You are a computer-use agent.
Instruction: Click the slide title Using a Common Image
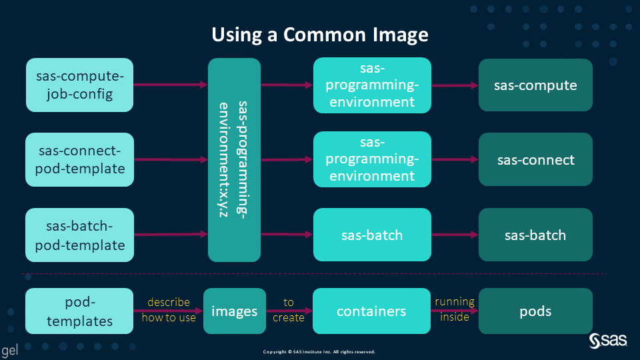click(320, 35)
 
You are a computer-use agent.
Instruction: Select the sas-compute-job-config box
click(79, 85)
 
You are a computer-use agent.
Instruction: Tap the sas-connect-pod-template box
click(79, 159)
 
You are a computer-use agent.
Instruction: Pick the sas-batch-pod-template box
click(79, 235)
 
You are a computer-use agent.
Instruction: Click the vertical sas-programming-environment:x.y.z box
click(234, 159)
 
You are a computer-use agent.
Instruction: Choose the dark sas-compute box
click(535, 85)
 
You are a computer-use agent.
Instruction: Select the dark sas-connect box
click(535, 159)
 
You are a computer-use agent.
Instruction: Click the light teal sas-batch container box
click(372, 235)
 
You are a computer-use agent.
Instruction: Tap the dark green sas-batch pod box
click(535, 235)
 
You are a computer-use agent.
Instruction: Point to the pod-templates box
click(79, 311)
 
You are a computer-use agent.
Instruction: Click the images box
click(234, 311)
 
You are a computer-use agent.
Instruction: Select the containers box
click(372, 311)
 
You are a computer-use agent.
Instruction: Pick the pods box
click(535, 311)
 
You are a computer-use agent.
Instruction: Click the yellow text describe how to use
click(169, 310)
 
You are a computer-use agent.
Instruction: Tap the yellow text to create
click(288, 310)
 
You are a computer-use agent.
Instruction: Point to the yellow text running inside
click(455, 309)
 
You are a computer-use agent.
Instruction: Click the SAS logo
click(608, 341)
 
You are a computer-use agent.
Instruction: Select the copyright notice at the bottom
click(319, 351)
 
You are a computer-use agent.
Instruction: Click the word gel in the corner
click(9, 351)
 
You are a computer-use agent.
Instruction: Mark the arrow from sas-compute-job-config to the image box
click(171, 85)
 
